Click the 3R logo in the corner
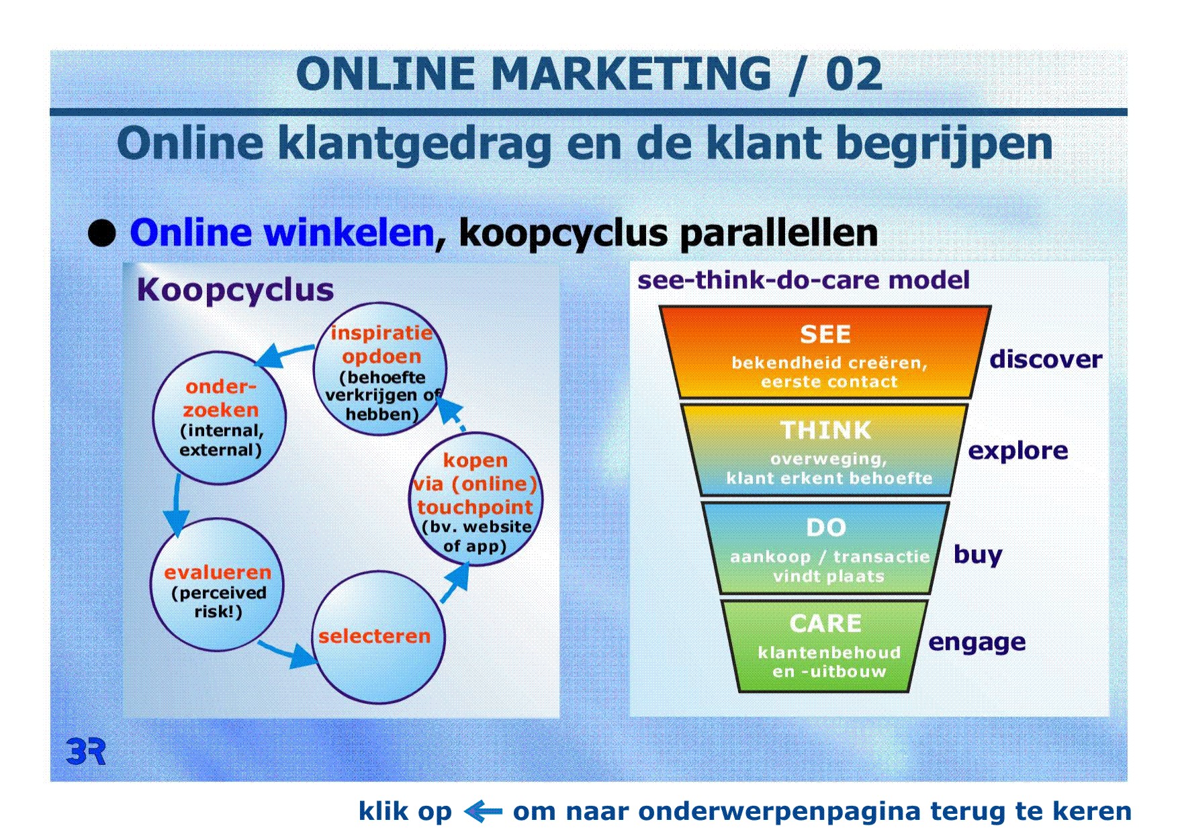pos(86,751)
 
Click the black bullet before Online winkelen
pos(102,234)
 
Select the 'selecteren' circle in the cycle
pos(379,637)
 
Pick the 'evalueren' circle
pos(217,585)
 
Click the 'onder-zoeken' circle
pos(220,418)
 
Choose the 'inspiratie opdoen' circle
pos(380,369)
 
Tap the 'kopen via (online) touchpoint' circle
pos(475,500)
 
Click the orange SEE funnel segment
pos(825,353)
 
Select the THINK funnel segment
pos(825,449)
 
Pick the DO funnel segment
pos(825,547)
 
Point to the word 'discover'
pos(1046,359)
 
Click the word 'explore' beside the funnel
pos(1017,451)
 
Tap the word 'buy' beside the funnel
pos(978,555)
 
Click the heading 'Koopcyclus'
pos(235,291)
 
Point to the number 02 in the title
pos(854,74)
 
